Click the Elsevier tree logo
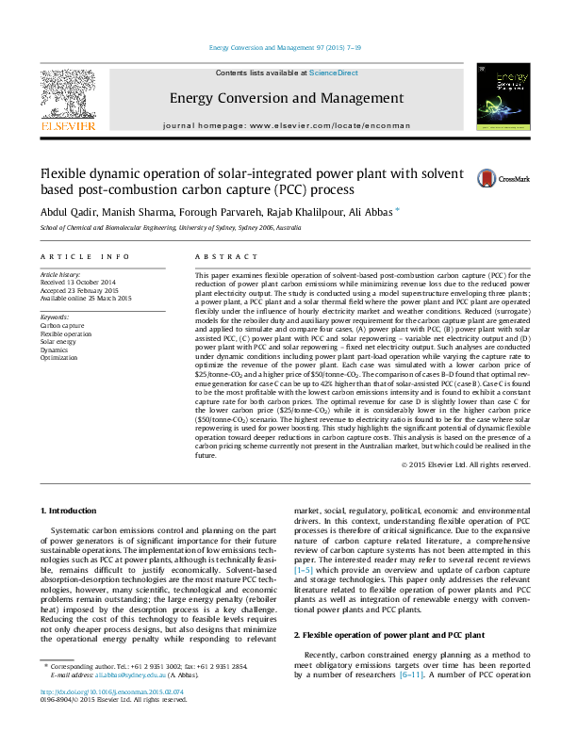pyautogui.click(x=67, y=97)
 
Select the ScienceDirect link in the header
pyautogui.click(x=335, y=73)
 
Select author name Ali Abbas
pyautogui.click(x=371, y=213)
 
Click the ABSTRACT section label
pyautogui.click(x=219, y=256)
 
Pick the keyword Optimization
pyautogui.click(x=59, y=358)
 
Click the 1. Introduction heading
pyautogui.click(x=71, y=511)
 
